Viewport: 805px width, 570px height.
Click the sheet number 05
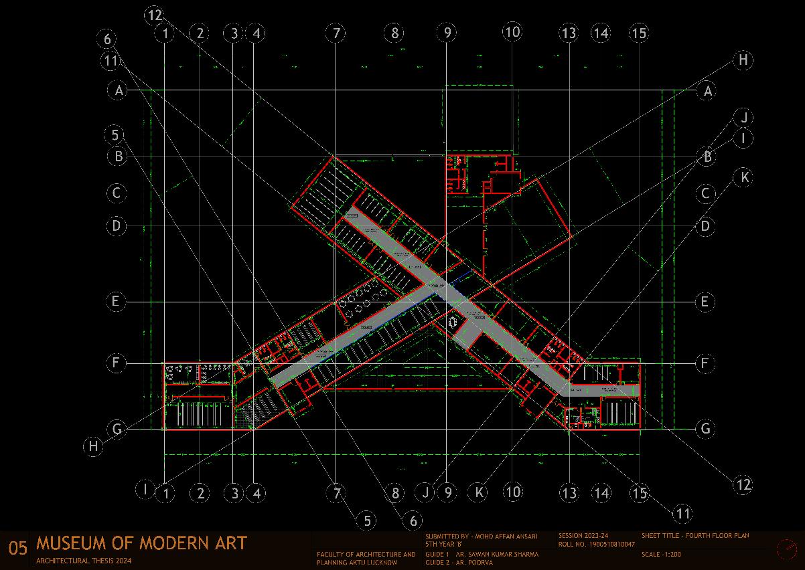click(x=17, y=549)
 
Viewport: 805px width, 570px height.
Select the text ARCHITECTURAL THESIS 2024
click(x=84, y=561)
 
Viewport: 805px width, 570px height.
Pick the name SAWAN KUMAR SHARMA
click(x=496, y=554)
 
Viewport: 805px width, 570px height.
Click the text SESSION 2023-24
click(x=583, y=536)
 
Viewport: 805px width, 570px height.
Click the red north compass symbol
click(x=786, y=549)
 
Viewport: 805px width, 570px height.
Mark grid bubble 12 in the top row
click(x=155, y=14)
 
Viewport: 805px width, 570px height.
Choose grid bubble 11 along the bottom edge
click(x=682, y=513)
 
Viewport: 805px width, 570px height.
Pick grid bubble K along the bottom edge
click(x=479, y=492)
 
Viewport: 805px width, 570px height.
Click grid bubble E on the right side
click(x=705, y=302)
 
